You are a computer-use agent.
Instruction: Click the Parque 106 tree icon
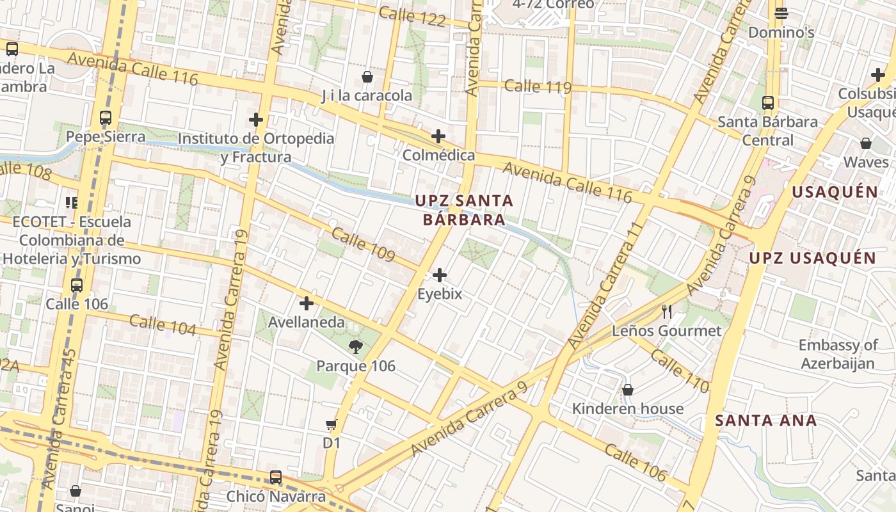pos(355,347)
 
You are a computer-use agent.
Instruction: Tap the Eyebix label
pos(439,294)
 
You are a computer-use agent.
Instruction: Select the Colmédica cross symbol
pos(438,136)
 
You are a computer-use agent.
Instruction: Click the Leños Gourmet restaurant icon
pos(667,312)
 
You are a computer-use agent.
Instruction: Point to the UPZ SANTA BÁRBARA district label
pos(464,210)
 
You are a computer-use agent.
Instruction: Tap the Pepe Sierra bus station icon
pos(106,118)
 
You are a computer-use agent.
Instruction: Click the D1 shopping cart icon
pos(332,424)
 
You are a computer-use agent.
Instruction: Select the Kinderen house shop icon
pos(628,390)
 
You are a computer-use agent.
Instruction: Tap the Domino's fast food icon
pos(781,13)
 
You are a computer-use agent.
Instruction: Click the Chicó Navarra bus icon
pos(276,477)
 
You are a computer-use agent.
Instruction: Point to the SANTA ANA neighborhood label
pos(765,420)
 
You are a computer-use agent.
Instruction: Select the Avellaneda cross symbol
pos(307,303)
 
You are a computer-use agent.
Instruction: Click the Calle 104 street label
pos(163,325)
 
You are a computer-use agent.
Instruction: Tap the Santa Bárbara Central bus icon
pos(768,102)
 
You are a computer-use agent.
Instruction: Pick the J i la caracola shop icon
pos(367,77)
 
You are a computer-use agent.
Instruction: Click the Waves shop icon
pos(866,143)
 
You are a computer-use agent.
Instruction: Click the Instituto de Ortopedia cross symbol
pos(256,119)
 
